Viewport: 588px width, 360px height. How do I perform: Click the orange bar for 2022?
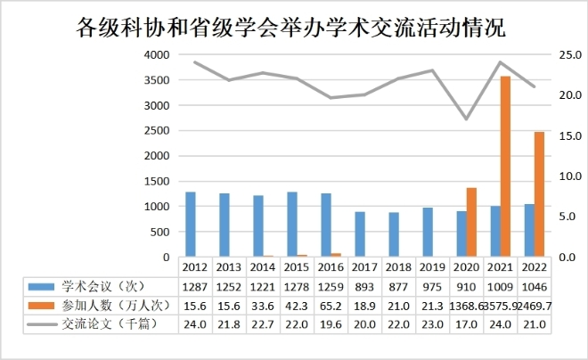tap(539, 194)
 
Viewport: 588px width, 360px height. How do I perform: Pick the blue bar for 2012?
tap(190, 224)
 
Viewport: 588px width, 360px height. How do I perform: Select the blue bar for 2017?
tap(359, 234)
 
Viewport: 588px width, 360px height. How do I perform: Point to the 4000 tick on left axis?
tap(157, 54)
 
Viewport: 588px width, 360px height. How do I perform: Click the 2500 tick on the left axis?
tap(157, 130)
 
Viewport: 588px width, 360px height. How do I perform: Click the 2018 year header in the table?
tap(398, 266)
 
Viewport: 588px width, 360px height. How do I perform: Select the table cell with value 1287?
tap(195, 286)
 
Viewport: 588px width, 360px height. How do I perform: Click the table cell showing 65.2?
tap(331, 305)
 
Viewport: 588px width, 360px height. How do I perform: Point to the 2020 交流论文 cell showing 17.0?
tap(466, 324)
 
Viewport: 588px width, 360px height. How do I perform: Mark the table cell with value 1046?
tap(534, 286)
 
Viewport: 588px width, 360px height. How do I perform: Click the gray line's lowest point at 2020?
tap(466, 119)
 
